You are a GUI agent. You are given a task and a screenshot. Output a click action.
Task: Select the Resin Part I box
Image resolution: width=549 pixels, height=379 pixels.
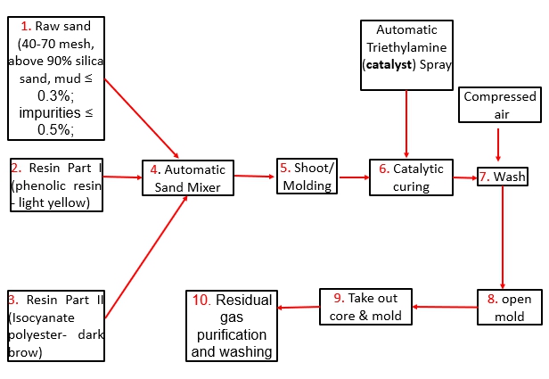(x=56, y=185)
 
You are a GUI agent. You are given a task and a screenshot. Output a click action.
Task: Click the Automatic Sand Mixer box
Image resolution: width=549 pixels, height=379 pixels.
(x=188, y=177)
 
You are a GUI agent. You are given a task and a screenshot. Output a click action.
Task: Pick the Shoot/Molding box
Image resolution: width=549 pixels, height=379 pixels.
(x=307, y=177)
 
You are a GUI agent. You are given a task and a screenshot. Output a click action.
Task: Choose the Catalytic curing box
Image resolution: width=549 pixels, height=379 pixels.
(x=406, y=177)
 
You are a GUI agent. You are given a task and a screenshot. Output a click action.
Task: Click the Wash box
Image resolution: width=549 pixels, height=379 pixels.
(x=503, y=177)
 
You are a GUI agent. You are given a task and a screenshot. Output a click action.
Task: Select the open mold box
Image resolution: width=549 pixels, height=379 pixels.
(x=511, y=308)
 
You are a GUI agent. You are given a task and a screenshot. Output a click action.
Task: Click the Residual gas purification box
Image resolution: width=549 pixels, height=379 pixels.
(x=231, y=325)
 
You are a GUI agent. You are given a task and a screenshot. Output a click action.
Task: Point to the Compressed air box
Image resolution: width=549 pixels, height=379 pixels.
(x=499, y=104)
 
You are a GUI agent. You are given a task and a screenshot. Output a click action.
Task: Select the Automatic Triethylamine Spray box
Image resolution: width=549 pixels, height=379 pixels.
(x=406, y=54)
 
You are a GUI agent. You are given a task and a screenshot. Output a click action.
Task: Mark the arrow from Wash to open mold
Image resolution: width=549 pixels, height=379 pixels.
(x=504, y=236)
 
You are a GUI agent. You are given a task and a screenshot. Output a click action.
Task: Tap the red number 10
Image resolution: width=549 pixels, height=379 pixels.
(x=201, y=300)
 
